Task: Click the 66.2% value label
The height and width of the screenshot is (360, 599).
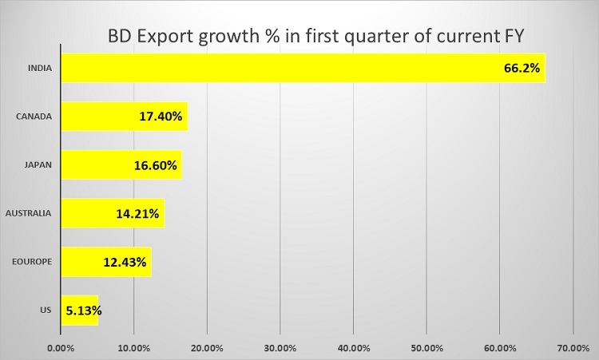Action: (522, 69)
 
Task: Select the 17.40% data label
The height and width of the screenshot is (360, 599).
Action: (159, 117)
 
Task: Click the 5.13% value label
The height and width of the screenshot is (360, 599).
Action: (82, 311)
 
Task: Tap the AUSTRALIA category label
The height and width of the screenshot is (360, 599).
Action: (28, 213)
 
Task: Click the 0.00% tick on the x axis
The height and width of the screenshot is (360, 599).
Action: (61, 347)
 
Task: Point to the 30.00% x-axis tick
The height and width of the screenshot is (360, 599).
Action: (280, 347)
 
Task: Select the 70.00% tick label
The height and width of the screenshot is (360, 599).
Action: (573, 347)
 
